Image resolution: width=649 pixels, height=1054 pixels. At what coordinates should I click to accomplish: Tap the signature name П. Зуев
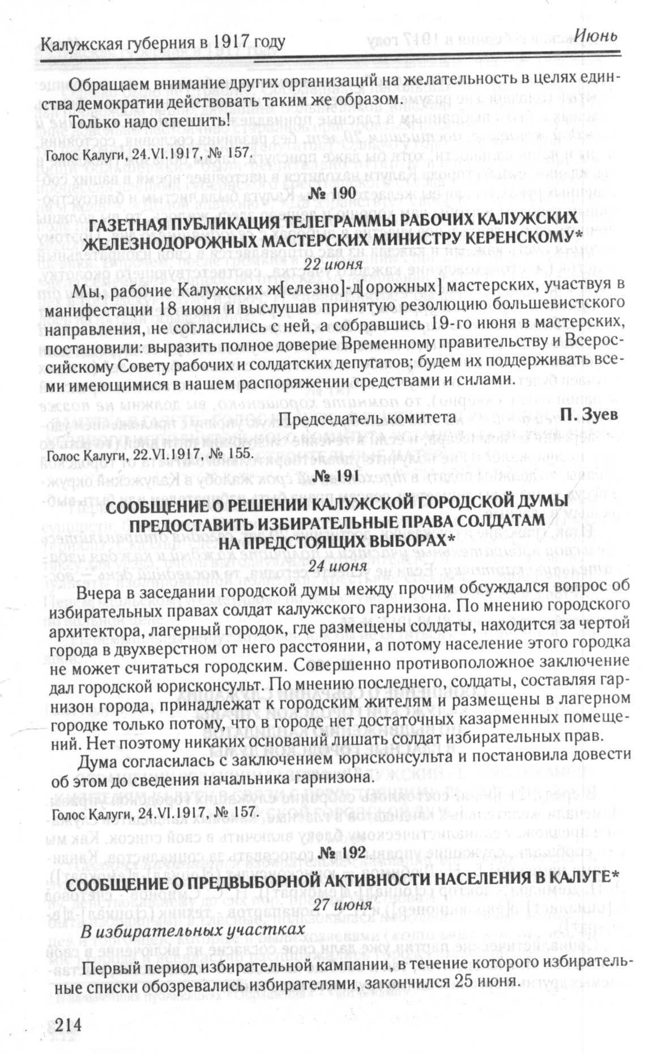(589, 416)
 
